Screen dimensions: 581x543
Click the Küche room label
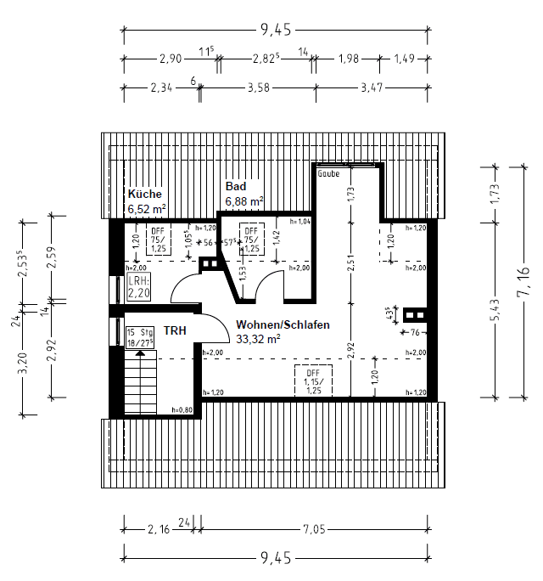click(x=144, y=194)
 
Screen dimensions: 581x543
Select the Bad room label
click(x=235, y=187)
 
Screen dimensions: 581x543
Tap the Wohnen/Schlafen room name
click(x=283, y=324)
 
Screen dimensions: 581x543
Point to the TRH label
click(x=175, y=330)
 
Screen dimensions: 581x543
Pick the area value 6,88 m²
click(x=244, y=201)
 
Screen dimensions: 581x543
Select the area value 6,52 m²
click(x=147, y=208)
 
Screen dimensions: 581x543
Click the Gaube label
click(x=328, y=173)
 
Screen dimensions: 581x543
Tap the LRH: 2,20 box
click(x=138, y=287)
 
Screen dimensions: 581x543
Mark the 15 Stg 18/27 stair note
click(x=140, y=337)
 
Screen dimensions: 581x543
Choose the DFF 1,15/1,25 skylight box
click(x=313, y=381)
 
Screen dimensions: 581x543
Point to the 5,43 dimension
click(x=495, y=310)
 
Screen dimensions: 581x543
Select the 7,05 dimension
click(x=314, y=529)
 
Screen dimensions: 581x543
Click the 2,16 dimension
click(x=158, y=529)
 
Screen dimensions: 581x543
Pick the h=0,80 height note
click(x=182, y=410)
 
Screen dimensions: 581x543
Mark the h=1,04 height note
click(x=299, y=221)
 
